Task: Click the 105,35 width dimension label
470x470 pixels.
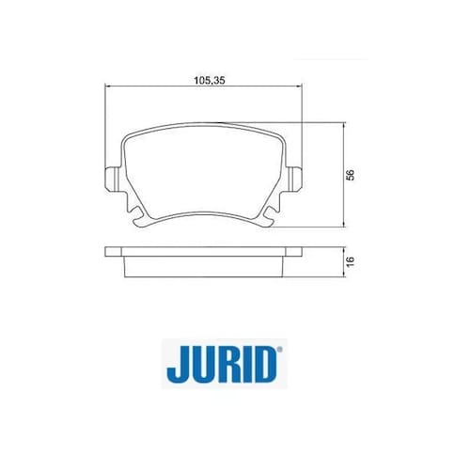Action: click(x=210, y=80)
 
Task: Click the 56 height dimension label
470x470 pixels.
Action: click(x=351, y=175)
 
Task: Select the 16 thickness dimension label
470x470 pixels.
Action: click(x=351, y=261)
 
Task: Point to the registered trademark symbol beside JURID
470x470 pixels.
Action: click(x=279, y=349)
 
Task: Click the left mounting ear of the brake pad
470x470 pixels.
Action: click(x=112, y=179)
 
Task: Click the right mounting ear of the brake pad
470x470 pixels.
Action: click(x=295, y=179)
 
